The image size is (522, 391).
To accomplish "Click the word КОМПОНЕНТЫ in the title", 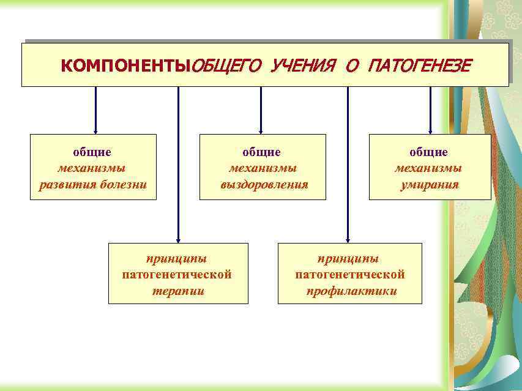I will click(125, 65).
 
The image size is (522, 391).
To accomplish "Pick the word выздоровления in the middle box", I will click(264, 184).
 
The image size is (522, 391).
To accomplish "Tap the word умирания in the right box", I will click(429, 184).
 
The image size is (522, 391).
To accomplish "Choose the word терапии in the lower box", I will click(177, 291).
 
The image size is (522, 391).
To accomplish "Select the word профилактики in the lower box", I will click(351, 291).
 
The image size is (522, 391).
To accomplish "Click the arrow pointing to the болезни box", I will click(96, 110).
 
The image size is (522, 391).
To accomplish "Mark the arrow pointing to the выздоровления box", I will click(261, 110).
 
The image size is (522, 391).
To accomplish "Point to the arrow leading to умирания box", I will click(430, 110).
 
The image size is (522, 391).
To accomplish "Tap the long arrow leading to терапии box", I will click(178, 165).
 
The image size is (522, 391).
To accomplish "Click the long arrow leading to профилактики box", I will click(348, 165).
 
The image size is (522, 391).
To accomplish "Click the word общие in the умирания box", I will click(429, 152).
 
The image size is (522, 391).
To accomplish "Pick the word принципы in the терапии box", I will click(177, 258).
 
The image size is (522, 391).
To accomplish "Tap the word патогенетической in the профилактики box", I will click(350, 275).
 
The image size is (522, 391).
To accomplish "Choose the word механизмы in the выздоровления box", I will click(263, 168).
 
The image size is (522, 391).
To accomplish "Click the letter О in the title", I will click(351, 65).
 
